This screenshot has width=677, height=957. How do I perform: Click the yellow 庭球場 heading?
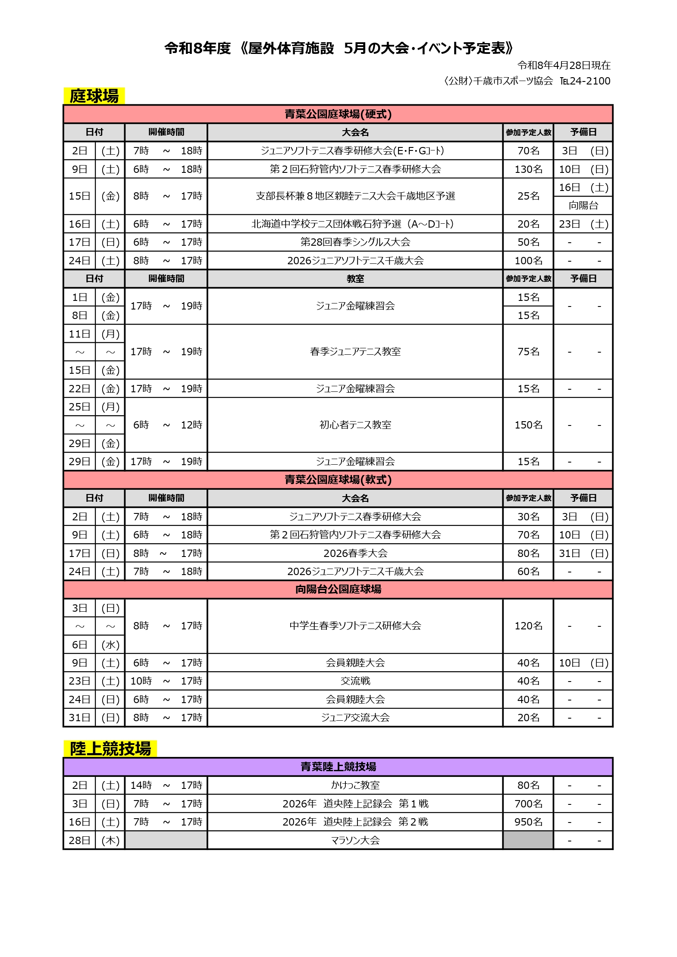point(94,96)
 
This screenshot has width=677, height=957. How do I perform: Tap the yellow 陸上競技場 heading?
point(110,749)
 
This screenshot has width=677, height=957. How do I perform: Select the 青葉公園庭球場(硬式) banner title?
point(338,114)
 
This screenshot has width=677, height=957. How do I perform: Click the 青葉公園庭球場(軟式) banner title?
point(338,480)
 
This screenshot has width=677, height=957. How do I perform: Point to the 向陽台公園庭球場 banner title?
point(338,589)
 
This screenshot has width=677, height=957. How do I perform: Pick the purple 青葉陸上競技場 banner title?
point(338,767)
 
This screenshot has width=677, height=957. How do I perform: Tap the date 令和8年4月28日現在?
point(564,66)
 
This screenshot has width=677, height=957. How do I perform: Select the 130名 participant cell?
point(528,169)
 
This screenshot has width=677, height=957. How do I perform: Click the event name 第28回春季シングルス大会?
point(355,242)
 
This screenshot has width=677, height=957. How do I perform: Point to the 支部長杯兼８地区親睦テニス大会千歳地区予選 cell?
point(355,196)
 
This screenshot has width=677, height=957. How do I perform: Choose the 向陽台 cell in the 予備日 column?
point(583,206)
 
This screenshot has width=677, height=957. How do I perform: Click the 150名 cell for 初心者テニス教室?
point(528,425)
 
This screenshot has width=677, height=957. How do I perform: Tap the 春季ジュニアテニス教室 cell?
point(355,352)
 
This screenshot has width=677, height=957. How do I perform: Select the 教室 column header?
point(355,279)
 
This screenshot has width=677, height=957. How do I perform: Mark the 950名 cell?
point(528,822)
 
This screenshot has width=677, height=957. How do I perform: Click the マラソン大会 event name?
point(355,840)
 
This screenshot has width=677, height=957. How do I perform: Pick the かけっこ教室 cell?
point(355,785)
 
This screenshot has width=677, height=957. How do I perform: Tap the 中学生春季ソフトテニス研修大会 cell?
point(355,626)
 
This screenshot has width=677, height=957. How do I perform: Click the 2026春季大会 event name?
point(355,554)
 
